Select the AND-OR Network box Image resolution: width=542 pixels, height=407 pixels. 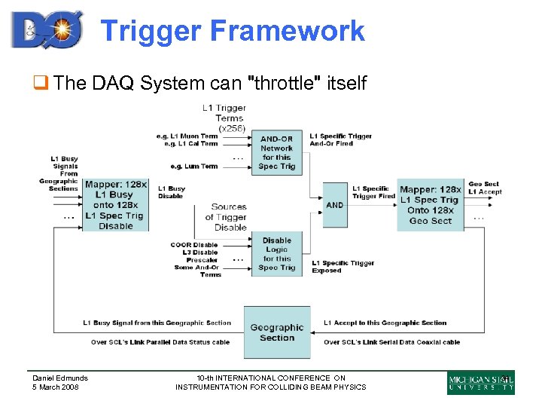pos(277,152)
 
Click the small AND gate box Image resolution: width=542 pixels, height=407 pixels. pos(335,205)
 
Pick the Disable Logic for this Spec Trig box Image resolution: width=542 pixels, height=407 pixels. pos(277,254)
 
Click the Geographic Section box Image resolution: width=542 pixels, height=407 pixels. pos(277,332)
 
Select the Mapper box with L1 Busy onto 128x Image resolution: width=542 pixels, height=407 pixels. pos(115,205)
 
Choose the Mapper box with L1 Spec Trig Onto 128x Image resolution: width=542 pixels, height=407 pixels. pos(431,205)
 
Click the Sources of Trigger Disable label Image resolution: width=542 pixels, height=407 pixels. pos(229,217)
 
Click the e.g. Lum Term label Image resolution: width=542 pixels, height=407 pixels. pos(194,166)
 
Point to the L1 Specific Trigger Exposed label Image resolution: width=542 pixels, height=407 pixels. pos(343,267)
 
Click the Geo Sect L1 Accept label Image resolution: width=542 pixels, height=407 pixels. pos(485,188)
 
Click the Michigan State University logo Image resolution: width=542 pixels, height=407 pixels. pos(481,383)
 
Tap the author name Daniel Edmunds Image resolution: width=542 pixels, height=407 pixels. pos(59,378)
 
